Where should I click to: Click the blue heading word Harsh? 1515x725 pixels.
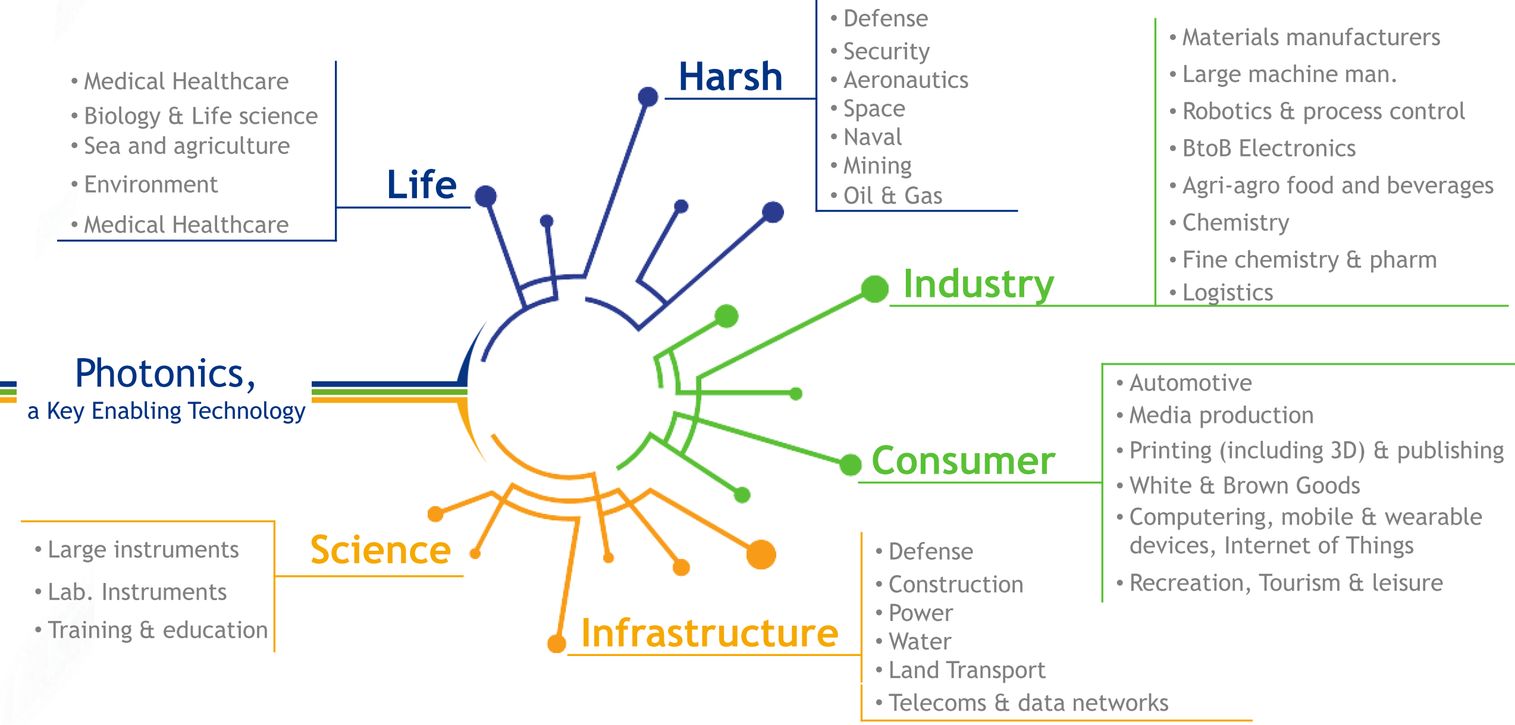pyautogui.click(x=730, y=77)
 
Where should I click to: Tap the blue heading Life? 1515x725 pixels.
pyautogui.click(x=422, y=185)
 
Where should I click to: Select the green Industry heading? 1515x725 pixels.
pyautogui.click(x=978, y=284)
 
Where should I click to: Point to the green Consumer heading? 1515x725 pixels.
pyautogui.click(x=963, y=461)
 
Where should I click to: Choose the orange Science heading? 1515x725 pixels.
pyautogui.click(x=381, y=550)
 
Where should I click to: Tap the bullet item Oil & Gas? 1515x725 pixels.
pyautogui.click(x=892, y=196)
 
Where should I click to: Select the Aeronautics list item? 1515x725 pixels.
pyautogui.click(x=905, y=80)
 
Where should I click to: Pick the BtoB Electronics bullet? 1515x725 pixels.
pyautogui.click(x=1268, y=149)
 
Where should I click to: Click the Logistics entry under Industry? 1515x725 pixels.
pyautogui.click(x=1227, y=293)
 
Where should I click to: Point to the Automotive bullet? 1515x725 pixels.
pyautogui.click(x=1190, y=383)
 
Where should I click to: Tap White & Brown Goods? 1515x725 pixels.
pyautogui.click(x=1244, y=486)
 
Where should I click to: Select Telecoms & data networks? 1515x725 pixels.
pyautogui.click(x=1028, y=703)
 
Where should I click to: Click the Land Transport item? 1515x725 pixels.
pyautogui.click(x=966, y=670)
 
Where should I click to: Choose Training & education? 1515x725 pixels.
pyautogui.click(x=158, y=630)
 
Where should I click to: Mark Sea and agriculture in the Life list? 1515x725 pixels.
pyautogui.click(x=186, y=146)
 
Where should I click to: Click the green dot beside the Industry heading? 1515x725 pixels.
pyautogui.click(x=874, y=288)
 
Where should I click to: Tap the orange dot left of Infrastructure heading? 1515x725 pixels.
pyautogui.click(x=557, y=643)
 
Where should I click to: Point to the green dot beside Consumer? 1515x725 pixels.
pyautogui.click(x=850, y=464)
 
